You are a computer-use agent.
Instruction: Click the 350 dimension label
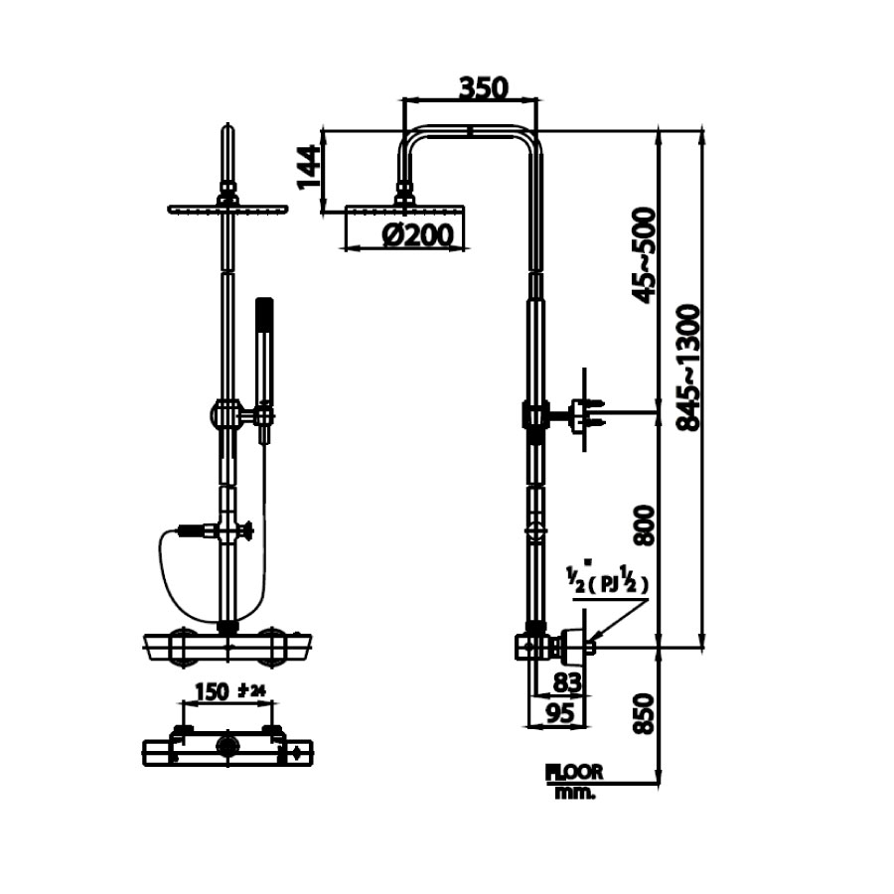[x=483, y=87]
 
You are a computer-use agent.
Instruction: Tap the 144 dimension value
[x=309, y=167]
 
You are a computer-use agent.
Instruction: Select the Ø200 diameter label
[x=417, y=235]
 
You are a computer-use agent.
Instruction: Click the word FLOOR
[x=574, y=771]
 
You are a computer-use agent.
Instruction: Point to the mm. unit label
[x=573, y=792]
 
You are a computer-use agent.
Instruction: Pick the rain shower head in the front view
[x=227, y=210]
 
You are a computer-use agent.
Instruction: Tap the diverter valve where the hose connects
[x=230, y=531]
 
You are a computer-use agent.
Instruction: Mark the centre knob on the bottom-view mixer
[x=228, y=746]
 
